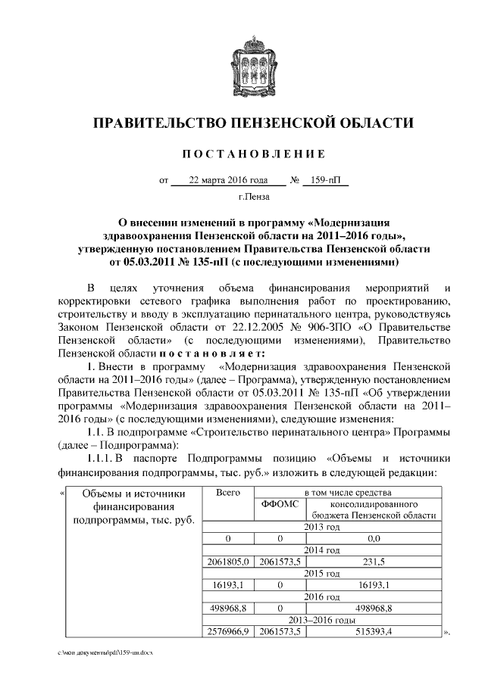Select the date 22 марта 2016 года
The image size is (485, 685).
(229, 182)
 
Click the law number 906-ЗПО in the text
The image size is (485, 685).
(333, 328)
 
